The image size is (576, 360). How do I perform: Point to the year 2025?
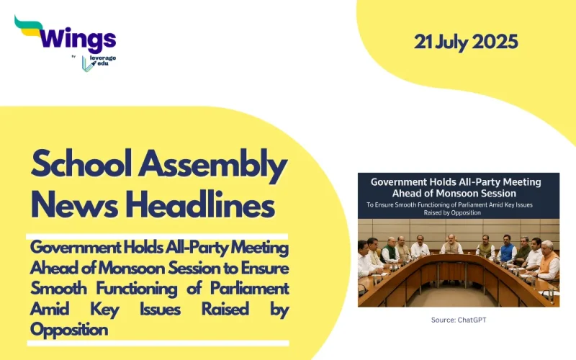pos(500,42)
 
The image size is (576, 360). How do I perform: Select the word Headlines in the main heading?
pos(199,206)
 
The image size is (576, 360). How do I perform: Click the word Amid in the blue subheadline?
pos(53,309)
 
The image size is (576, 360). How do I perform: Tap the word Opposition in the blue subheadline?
pos(69,329)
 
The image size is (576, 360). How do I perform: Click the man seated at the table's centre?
pos(451,244)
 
